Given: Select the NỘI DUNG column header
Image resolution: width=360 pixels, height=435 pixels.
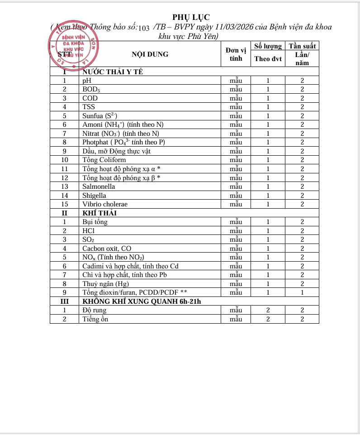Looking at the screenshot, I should [x=150, y=54].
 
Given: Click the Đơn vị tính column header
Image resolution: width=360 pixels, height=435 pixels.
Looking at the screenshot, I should [x=236, y=54].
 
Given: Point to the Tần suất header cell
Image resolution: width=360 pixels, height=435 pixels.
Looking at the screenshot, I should [x=303, y=46].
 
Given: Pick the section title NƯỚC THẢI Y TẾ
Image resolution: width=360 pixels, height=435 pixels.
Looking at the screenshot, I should [x=113, y=72].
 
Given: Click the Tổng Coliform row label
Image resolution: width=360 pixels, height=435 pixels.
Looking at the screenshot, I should [x=104, y=160].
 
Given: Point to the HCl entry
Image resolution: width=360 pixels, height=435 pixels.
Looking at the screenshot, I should [x=88, y=230].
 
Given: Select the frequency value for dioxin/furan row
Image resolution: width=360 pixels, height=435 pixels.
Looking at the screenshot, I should [x=303, y=292].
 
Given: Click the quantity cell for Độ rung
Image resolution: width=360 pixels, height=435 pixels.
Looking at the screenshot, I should [x=268, y=310].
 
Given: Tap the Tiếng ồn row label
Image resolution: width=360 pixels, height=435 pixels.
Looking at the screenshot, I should [x=95, y=319].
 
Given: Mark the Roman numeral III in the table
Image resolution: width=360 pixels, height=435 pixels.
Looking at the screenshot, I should [x=65, y=301].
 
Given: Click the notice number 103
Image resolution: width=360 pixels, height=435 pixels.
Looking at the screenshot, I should [x=143, y=28].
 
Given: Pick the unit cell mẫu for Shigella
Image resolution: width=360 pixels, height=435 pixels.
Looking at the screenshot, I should [x=236, y=196].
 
